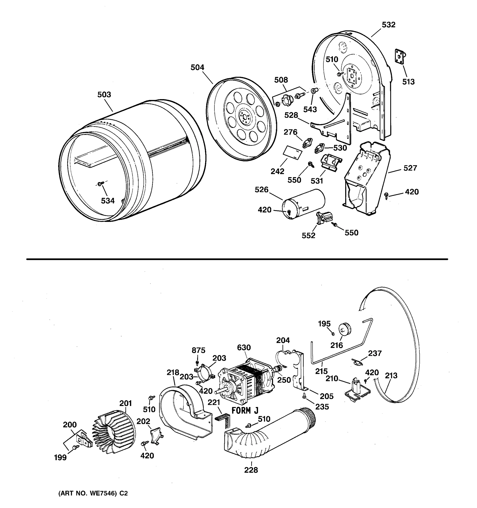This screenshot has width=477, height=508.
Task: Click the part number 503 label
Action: pyautogui.click(x=104, y=95)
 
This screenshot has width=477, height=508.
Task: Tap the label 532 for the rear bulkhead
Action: pyautogui.click(x=388, y=25)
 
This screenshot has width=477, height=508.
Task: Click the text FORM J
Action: pyautogui.click(x=245, y=411)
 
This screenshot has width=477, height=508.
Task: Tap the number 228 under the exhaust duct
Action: pyautogui.click(x=251, y=470)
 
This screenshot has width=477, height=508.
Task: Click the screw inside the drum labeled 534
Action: pyautogui.click(x=100, y=184)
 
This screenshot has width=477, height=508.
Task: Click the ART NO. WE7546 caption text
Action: pyautogui.click(x=93, y=493)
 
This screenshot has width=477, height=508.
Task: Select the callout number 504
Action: pyautogui.click(x=197, y=68)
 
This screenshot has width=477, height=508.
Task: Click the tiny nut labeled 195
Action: pyautogui.click(x=333, y=334)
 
